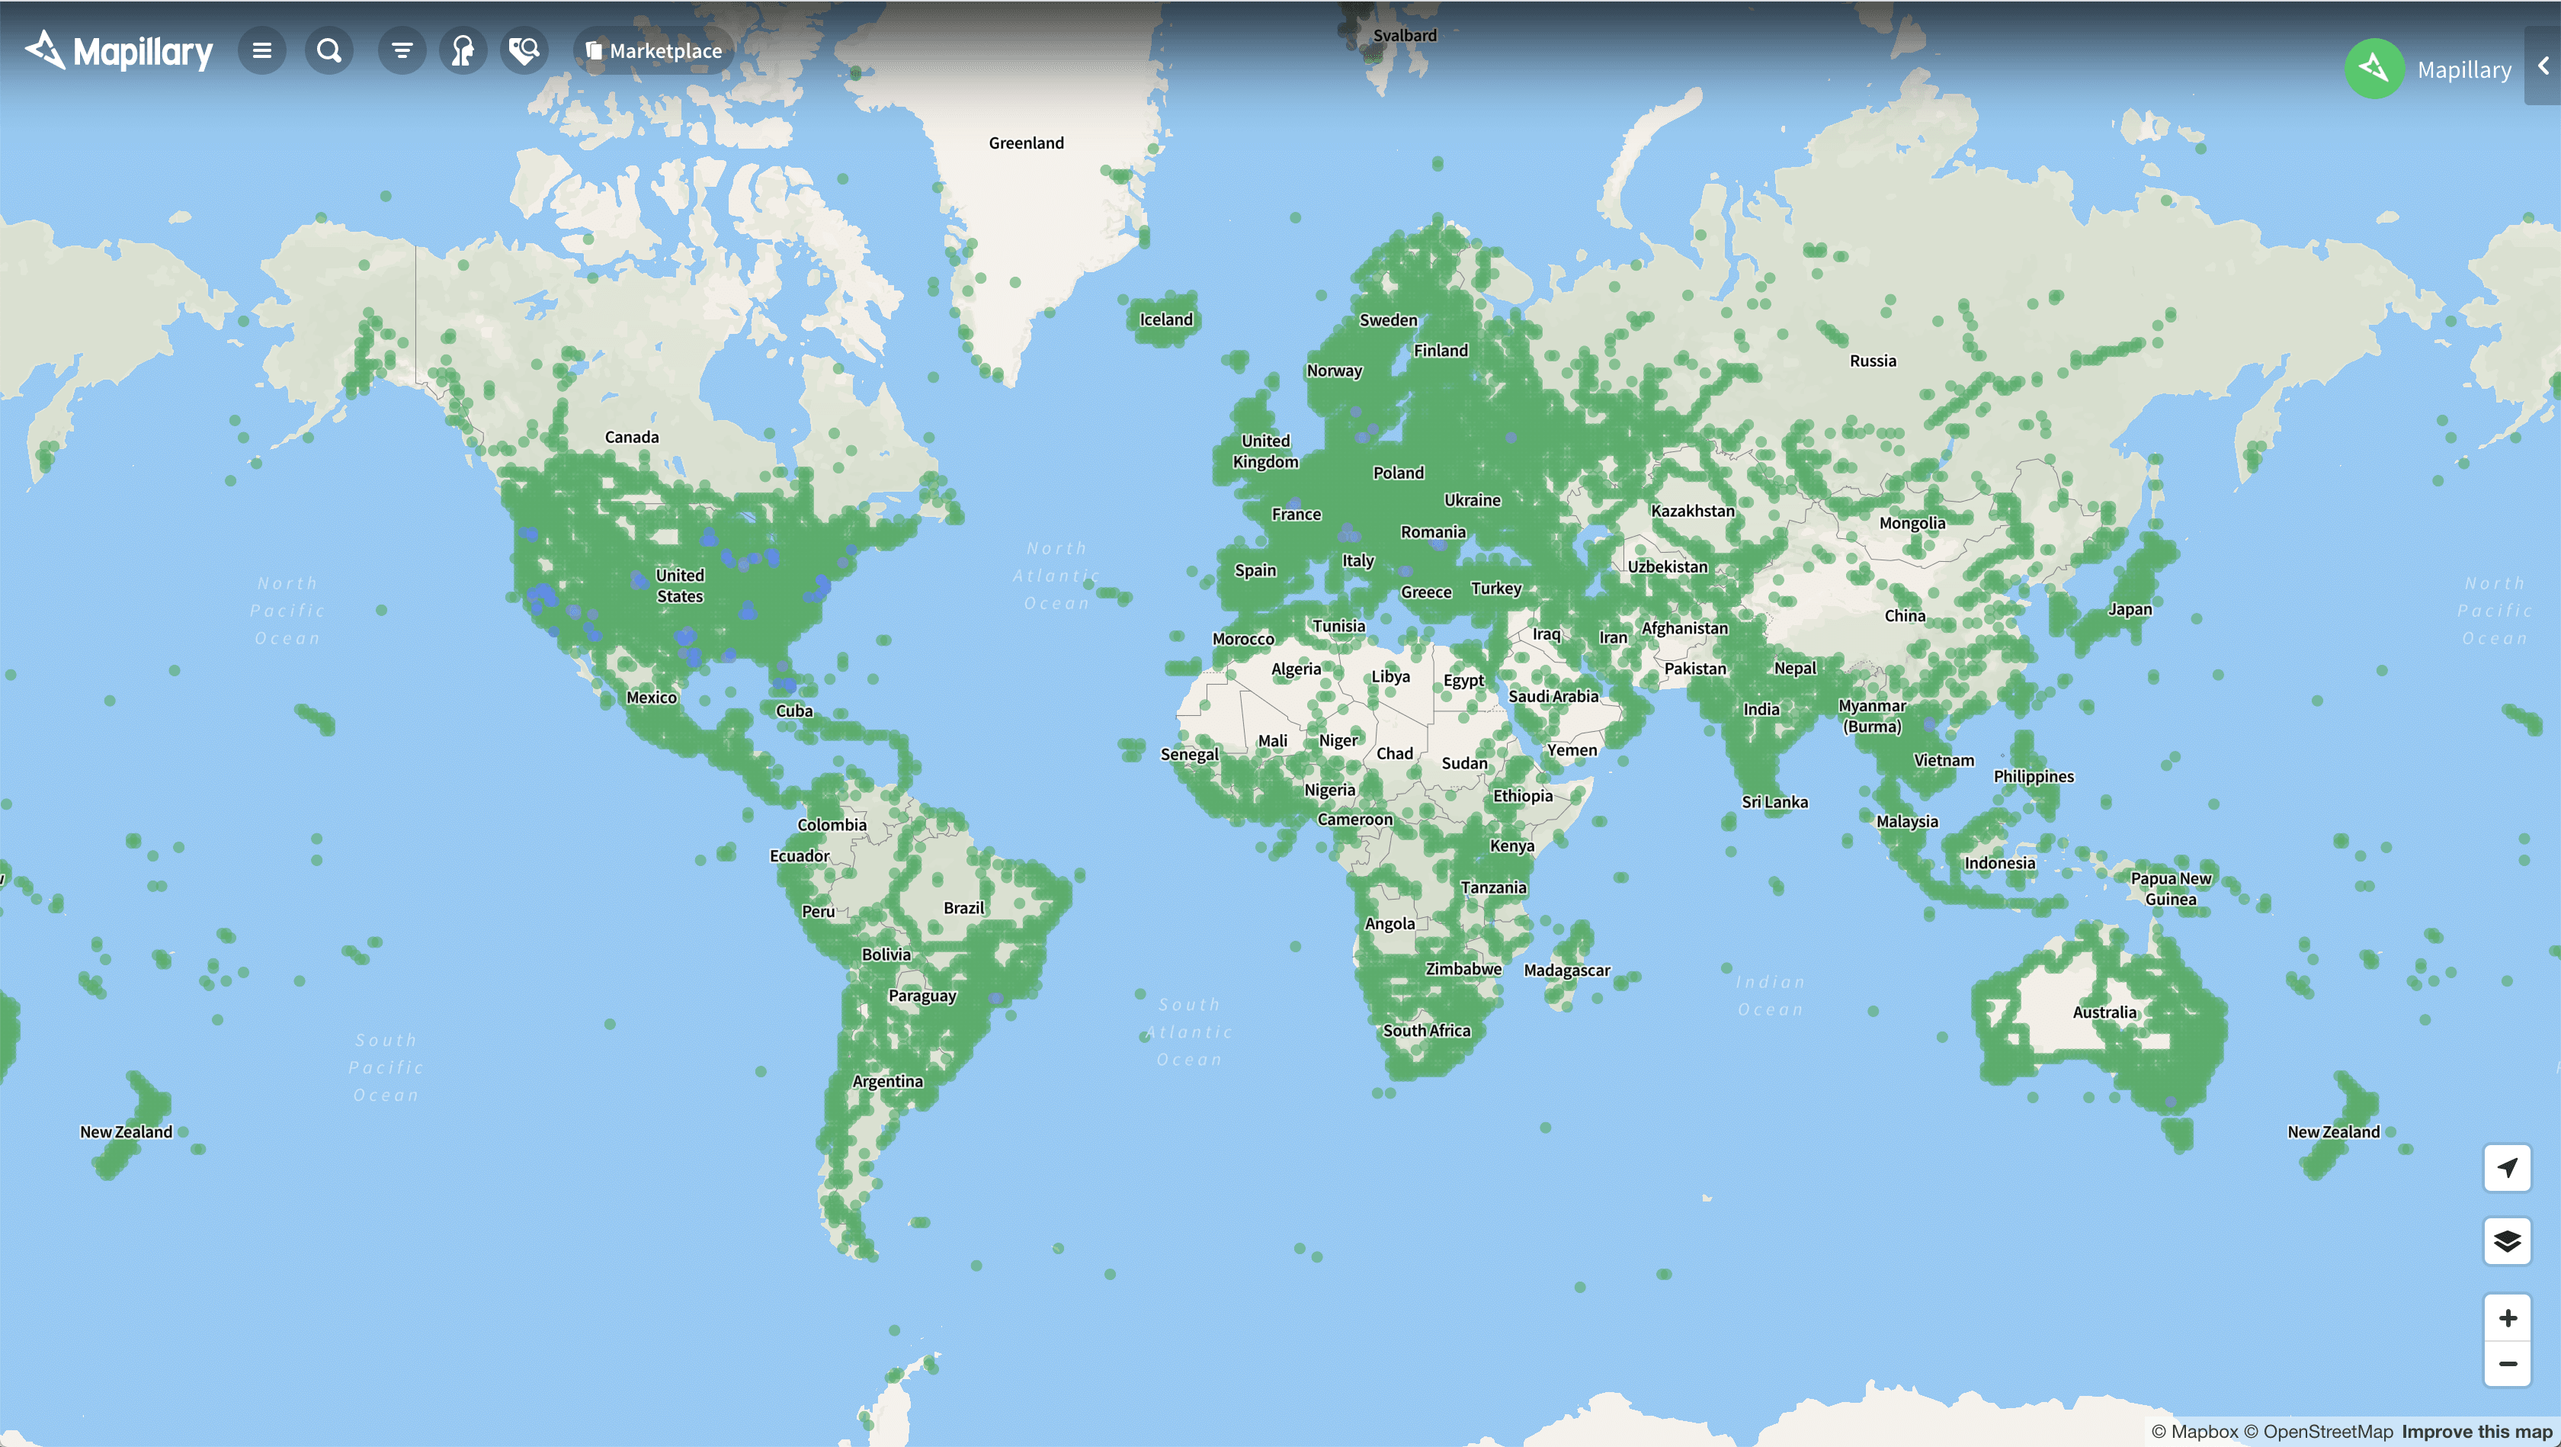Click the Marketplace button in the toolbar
tap(654, 51)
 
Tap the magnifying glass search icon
tap(329, 51)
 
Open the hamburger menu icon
tap(262, 51)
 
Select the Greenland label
tap(1026, 143)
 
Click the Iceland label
tap(1165, 319)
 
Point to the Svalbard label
tap(1404, 36)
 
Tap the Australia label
tap(2104, 1012)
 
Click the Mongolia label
tap(1911, 523)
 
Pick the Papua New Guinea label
tap(2170, 888)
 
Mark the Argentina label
tap(886, 1081)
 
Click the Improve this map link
tap(2476, 1431)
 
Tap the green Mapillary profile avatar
tap(2374, 69)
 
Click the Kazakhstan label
tap(1692, 511)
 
